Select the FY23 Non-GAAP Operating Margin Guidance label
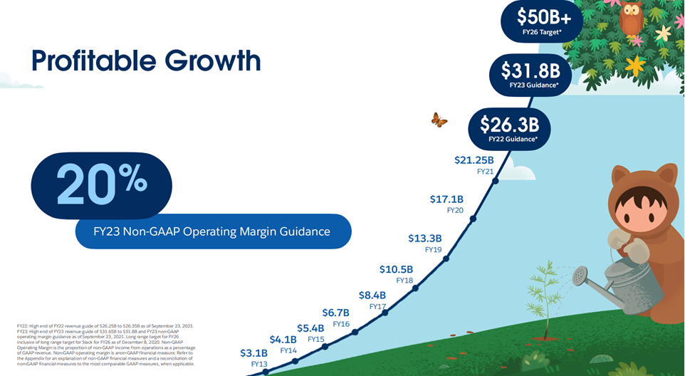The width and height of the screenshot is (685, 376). (x=213, y=231)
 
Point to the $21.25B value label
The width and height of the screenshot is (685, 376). (x=474, y=160)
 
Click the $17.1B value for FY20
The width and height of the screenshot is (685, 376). (x=446, y=199)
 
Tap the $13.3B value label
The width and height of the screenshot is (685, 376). (x=425, y=239)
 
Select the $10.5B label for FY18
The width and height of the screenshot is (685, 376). (x=396, y=269)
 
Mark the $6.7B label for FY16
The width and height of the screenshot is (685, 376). (x=335, y=313)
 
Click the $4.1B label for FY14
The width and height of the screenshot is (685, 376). (x=283, y=340)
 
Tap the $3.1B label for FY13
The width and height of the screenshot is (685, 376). (x=253, y=353)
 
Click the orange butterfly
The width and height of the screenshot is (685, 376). (x=439, y=120)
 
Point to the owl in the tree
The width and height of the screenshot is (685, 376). (x=631, y=18)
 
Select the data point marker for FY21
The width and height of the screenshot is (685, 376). (x=495, y=181)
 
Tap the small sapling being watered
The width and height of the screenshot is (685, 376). (x=545, y=299)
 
